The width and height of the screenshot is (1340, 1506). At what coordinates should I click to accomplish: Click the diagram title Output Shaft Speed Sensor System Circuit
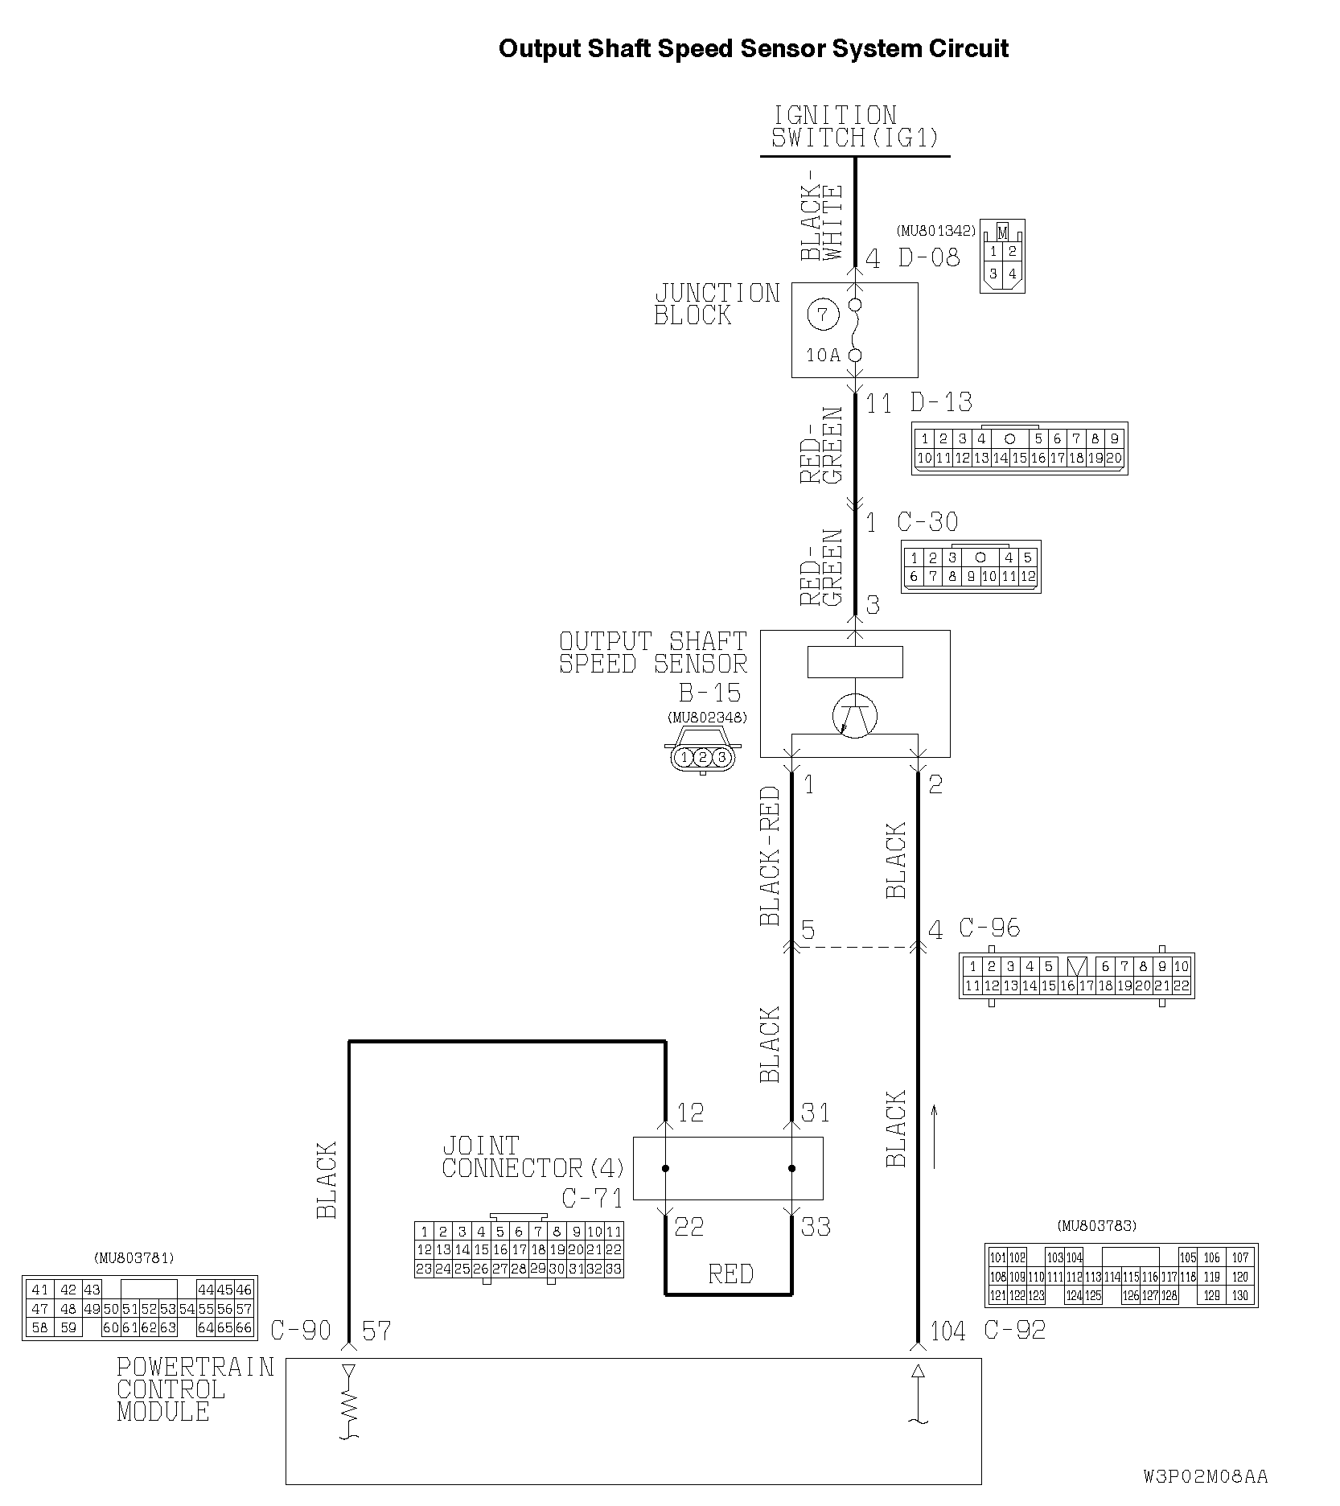(753, 48)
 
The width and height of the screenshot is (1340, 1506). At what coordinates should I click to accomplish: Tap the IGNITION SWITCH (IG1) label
(855, 126)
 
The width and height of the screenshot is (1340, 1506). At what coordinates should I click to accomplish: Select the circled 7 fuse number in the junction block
(823, 314)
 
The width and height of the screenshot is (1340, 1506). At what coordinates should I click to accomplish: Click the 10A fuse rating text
(823, 355)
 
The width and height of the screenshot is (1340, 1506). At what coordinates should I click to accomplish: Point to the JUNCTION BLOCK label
(717, 304)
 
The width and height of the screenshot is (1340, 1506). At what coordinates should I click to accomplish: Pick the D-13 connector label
(941, 401)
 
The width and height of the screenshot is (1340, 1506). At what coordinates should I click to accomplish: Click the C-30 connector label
(928, 522)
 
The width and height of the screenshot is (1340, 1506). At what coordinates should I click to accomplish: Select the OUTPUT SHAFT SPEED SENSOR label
(653, 652)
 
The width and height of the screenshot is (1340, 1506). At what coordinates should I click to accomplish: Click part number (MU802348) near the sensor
(707, 718)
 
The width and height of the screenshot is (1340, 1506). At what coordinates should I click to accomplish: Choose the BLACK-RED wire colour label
(770, 856)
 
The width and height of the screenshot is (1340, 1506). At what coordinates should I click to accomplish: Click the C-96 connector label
(989, 928)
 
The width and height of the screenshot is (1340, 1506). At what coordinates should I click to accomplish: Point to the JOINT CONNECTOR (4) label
(533, 1157)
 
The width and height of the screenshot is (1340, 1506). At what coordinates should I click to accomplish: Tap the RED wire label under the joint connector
(731, 1274)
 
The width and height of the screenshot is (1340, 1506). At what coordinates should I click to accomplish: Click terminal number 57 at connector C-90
(376, 1331)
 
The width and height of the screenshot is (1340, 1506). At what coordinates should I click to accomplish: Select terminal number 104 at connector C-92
(947, 1331)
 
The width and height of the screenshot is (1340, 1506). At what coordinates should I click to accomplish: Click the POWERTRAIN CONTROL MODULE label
(195, 1389)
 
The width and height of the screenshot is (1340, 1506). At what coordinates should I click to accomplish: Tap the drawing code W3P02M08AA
(1206, 1476)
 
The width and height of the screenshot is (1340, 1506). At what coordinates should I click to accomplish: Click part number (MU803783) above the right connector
(1097, 1226)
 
